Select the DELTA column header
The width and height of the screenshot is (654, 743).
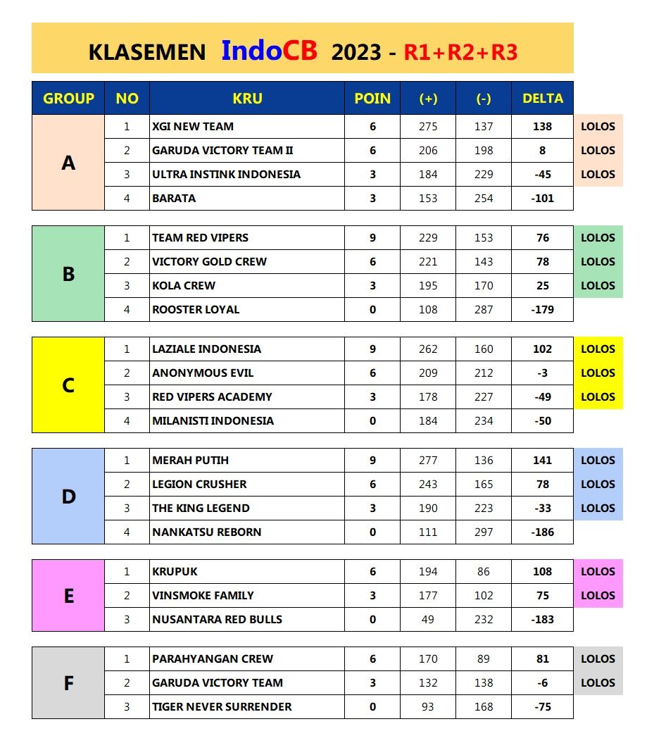(x=543, y=99)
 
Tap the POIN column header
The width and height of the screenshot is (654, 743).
(x=372, y=99)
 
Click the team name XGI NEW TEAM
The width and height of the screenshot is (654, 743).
(x=193, y=127)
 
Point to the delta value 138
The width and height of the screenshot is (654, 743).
(x=543, y=127)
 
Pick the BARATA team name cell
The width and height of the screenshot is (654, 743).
(x=174, y=199)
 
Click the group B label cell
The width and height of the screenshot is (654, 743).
(x=68, y=274)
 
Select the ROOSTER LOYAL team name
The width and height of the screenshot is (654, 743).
(x=196, y=310)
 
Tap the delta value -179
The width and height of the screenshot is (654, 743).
(x=543, y=310)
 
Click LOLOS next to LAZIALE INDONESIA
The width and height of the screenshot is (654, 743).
(x=598, y=349)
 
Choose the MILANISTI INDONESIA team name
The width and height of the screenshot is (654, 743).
(x=213, y=421)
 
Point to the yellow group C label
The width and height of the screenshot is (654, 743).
(x=68, y=385)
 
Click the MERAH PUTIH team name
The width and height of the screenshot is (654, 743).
(x=190, y=461)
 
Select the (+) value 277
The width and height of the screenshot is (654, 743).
(x=428, y=461)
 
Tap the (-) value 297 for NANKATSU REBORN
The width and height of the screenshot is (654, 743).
(x=484, y=532)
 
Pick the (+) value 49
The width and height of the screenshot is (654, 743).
(x=428, y=620)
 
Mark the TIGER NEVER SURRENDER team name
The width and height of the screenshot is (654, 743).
(x=222, y=707)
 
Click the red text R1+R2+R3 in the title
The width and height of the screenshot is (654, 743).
(x=460, y=52)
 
